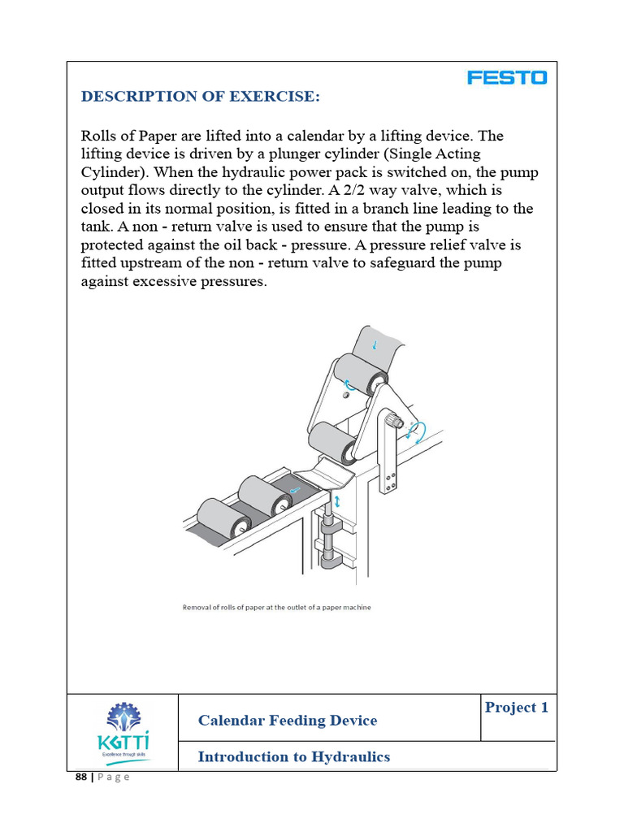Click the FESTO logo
tap(507, 78)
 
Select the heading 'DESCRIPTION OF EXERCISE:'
tap(200, 97)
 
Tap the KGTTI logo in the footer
tap(123, 732)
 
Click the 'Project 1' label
tap(516, 708)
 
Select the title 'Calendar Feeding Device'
tap(288, 721)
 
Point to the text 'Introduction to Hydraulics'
tap(294, 757)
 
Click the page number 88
tap(80, 777)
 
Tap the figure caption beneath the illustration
tap(276, 607)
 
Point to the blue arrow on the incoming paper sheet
tap(374, 345)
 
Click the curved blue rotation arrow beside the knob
tap(418, 429)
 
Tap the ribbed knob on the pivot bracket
tap(395, 422)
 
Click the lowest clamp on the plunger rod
tap(330, 561)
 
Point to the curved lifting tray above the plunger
tap(325, 476)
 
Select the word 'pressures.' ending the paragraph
tap(236, 282)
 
